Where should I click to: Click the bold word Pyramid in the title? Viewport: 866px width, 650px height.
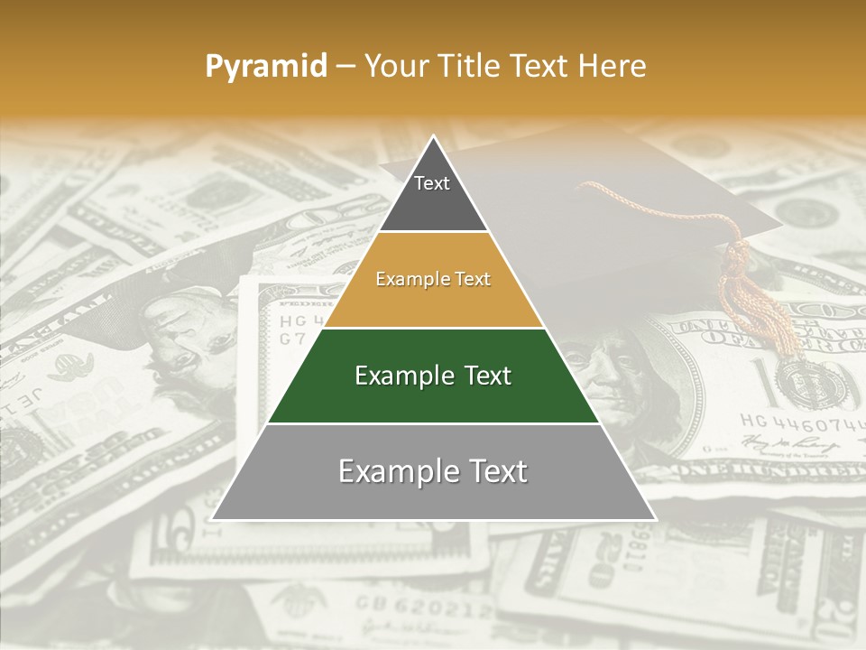[266, 67]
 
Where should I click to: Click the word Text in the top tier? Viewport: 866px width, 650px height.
[432, 183]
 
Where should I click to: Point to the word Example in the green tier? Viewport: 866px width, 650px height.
[396, 376]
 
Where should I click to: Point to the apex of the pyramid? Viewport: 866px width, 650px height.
[434, 138]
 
